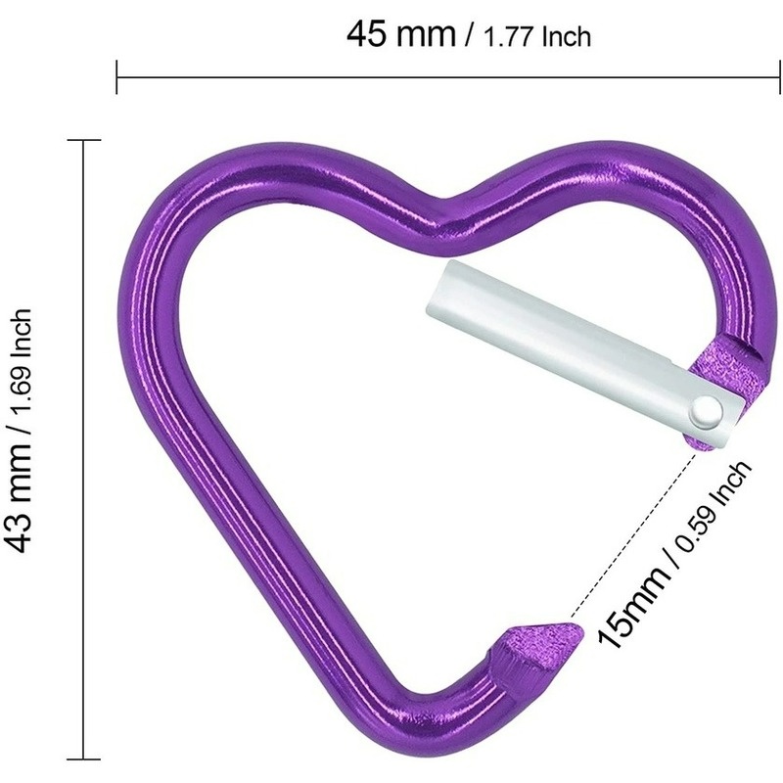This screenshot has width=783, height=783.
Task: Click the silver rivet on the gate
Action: click(x=706, y=413)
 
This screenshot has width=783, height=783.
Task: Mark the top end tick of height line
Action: click(x=84, y=141)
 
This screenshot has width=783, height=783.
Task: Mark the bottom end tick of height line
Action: click(x=84, y=759)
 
